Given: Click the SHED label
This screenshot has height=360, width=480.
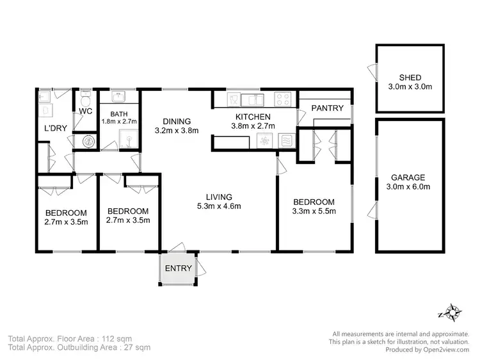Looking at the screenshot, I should [410, 77].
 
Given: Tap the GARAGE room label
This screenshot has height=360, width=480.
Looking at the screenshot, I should [410, 177].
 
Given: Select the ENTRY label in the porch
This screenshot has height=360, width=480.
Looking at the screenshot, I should [179, 268].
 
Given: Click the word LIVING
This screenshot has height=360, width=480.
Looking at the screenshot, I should [219, 197].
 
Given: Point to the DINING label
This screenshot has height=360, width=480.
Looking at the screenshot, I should [177, 121].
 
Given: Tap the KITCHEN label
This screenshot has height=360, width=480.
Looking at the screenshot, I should [253, 117].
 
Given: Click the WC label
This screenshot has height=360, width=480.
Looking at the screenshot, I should [85, 111].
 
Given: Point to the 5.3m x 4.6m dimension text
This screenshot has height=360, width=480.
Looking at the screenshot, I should [219, 206].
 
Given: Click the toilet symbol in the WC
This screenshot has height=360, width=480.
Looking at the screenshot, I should [85, 99].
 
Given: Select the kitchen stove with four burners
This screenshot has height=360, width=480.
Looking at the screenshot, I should [283, 99].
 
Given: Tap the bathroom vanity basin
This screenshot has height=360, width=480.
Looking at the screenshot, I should [119, 97].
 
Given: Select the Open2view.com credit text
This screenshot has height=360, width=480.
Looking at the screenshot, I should [440, 349].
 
